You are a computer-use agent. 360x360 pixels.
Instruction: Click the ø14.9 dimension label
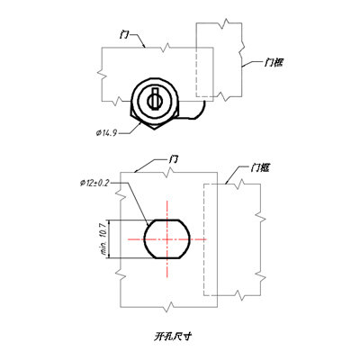click(x=106, y=133)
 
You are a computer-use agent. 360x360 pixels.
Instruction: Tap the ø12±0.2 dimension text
click(x=94, y=184)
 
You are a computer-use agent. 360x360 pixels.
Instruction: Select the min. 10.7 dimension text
click(x=104, y=238)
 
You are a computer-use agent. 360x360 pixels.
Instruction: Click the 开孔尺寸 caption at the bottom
click(x=173, y=337)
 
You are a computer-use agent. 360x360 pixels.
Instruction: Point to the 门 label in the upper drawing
click(x=124, y=35)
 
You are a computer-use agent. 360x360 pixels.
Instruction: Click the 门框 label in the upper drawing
click(x=274, y=63)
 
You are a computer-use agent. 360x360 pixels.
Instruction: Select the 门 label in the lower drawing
click(x=173, y=159)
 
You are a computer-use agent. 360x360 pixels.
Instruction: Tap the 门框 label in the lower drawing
click(x=260, y=168)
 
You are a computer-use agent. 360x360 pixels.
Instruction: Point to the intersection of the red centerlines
click(x=167, y=239)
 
